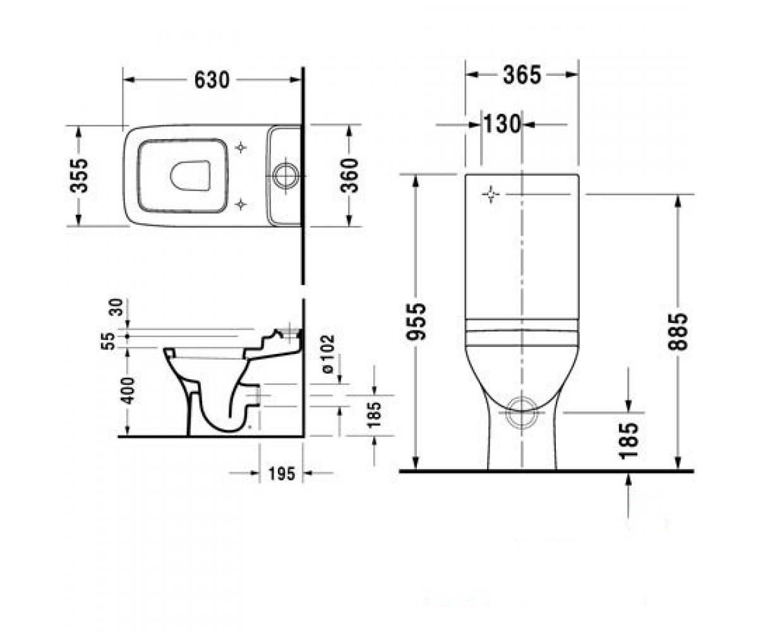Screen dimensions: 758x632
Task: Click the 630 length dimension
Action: pos(212,80)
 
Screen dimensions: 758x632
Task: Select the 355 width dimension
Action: pos(79,176)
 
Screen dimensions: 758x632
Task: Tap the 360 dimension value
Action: pos(349,176)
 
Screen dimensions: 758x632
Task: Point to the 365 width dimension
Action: pos(522,75)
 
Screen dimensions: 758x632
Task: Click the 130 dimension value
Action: pos(502,125)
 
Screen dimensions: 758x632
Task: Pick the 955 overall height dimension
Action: pos(415,322)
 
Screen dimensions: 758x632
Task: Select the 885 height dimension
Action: pos(677,332)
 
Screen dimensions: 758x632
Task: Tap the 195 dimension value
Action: pos(282,473)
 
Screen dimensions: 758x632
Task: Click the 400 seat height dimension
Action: pos(128,391)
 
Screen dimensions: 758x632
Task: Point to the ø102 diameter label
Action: pos(327,354)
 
